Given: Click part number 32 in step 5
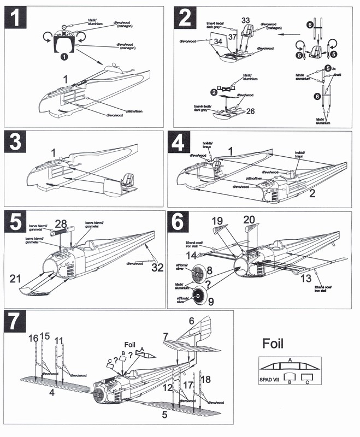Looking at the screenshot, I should pos(157,267).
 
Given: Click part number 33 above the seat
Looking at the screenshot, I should pos(246,21).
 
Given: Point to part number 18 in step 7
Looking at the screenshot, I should pos(206,379).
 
